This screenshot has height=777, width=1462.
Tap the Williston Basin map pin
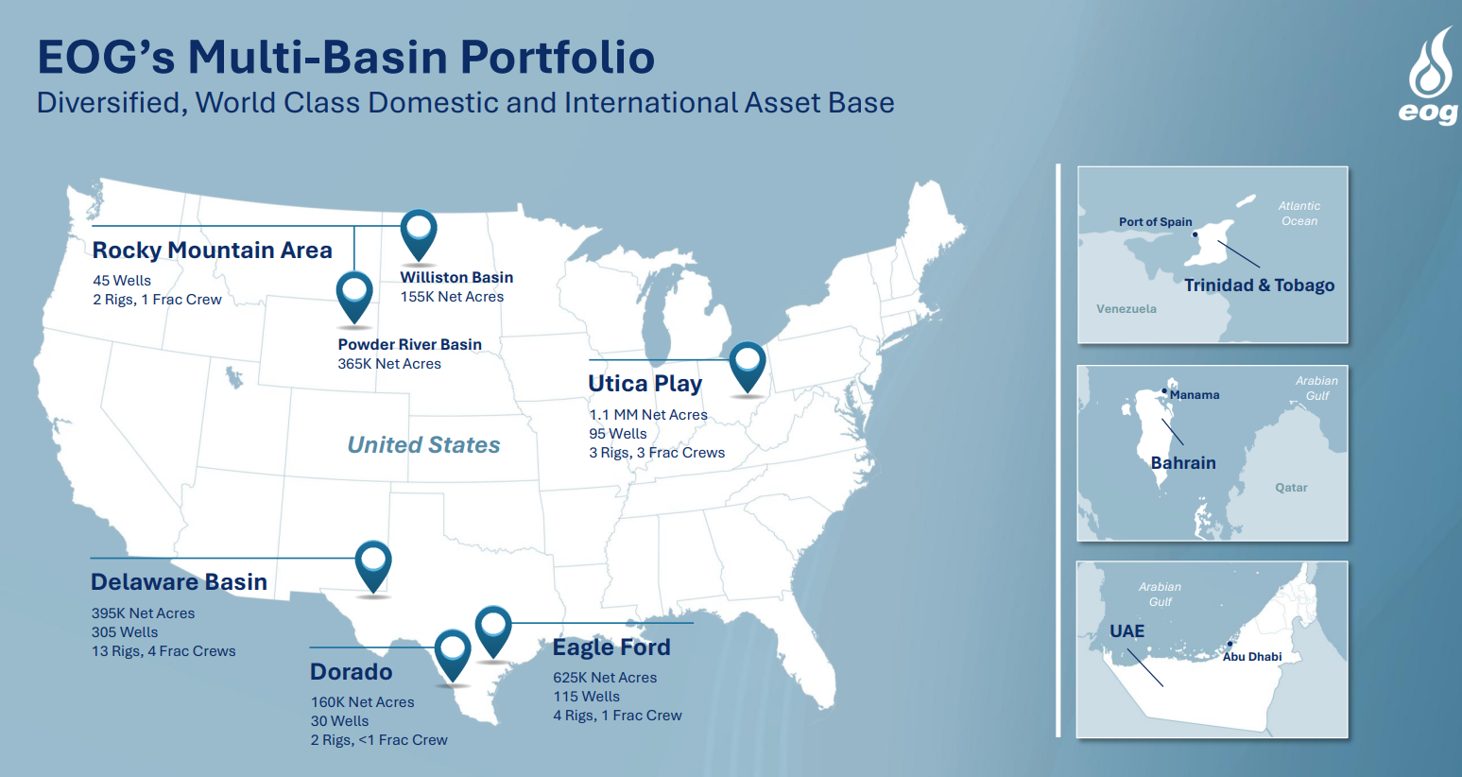(419, 235)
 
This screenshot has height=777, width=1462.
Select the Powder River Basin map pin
(354, 299)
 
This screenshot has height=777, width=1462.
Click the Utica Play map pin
(748, 368)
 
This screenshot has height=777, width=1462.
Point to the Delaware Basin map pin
(373, 567)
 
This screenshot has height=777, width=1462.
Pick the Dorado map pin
(453, 656)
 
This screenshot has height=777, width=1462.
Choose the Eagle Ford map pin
(493, 632)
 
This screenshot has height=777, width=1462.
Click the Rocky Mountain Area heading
(212, 250)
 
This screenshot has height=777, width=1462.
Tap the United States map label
(423, 444)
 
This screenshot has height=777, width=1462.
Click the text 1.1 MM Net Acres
(648, 415)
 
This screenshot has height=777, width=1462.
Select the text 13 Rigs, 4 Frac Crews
(163, 651)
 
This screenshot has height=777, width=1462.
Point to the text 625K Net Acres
(605, 678)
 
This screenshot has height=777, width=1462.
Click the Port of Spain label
(1155, 222)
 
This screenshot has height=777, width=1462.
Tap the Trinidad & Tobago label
(1260, 285)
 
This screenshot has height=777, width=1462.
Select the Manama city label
(1195, 395)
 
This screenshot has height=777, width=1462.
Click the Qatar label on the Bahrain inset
(1291, 488)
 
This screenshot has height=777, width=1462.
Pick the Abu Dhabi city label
(1252, 657)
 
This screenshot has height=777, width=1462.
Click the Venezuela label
(1127, 309)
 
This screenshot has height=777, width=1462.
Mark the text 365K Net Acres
(389, 364)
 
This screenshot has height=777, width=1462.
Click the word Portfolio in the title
(558, 57)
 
